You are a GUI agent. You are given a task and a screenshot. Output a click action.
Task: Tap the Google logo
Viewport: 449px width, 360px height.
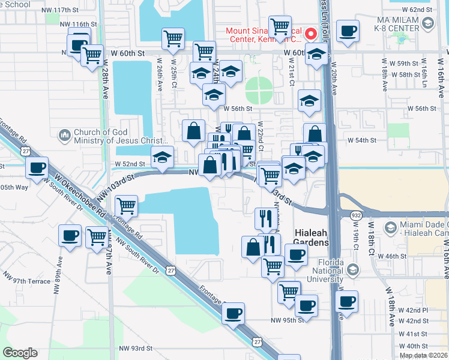[x=20, y=353]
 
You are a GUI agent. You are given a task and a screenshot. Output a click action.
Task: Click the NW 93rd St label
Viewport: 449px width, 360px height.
[x=136, y=348]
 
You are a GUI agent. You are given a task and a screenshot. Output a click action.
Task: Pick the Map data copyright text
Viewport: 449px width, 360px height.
[x=423, y=355]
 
